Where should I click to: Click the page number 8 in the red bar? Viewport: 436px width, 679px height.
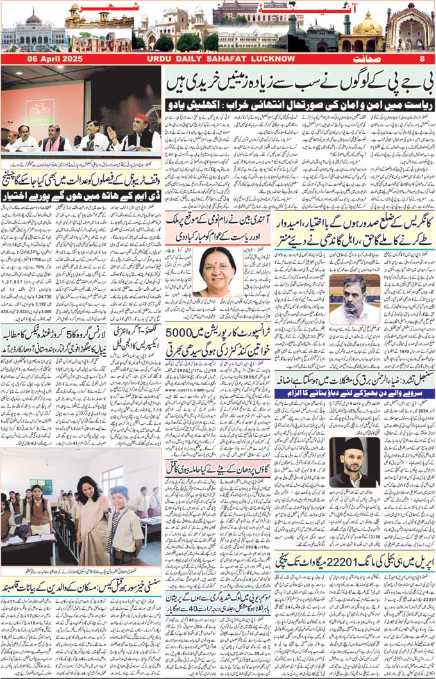point(422,59)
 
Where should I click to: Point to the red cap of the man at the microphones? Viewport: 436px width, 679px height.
point(142,118)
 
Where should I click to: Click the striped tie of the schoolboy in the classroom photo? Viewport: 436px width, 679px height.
point(115,517)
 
